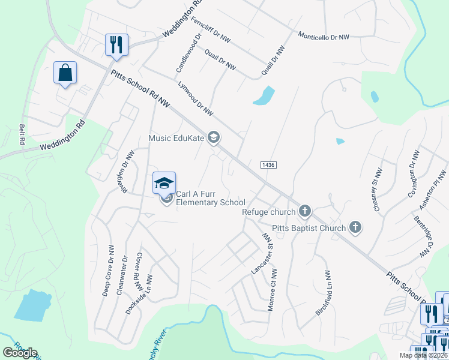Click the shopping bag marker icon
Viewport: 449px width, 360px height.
65,73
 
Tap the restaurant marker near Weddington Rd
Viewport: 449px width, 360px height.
116,44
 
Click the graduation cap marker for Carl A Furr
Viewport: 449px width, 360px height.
164,184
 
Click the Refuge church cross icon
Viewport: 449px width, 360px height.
305,211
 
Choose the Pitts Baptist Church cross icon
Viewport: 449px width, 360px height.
355,227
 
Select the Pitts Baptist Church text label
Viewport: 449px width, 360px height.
309,228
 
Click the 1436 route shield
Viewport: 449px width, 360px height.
268,164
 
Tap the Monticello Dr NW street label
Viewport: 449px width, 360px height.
324,37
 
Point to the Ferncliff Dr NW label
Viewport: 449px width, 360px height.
211,29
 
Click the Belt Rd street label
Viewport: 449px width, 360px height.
22,134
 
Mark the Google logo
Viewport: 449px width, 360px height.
20,353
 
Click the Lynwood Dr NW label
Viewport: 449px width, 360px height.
196,97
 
